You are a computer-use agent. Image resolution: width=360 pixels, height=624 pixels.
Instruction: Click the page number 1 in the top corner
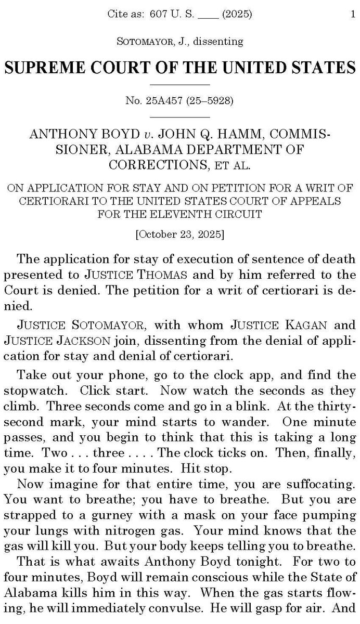tap(352, 15)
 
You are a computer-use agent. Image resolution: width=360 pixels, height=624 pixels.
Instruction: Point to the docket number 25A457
tap(160, 100)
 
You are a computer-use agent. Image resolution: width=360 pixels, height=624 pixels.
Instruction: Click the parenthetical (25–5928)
tap(209, 100)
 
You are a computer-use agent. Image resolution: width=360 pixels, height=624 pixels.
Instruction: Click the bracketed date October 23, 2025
tap(179, 234)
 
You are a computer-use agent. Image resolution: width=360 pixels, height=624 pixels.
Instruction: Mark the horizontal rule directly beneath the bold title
tap(179, 84)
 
